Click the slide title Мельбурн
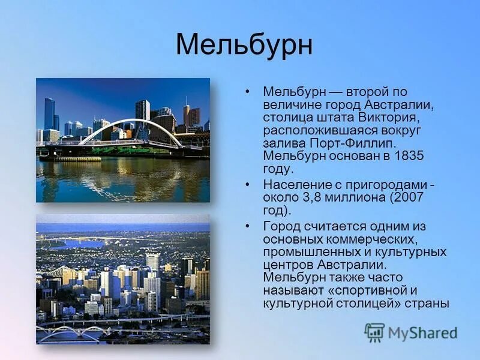click(244, 46)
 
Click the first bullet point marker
click(247, 92)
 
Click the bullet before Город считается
click(247, 226)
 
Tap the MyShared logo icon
click(374, 332)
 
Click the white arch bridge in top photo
click(132, 127)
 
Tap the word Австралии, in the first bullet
click(398, 104)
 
